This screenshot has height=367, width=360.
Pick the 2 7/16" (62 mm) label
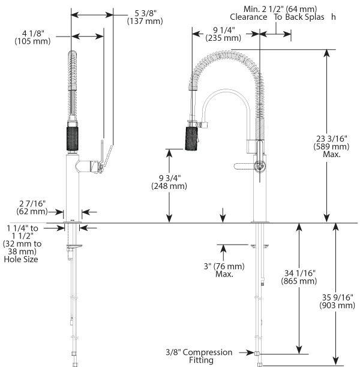[x=32, y=207]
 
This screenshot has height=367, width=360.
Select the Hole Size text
[x=21, y=260]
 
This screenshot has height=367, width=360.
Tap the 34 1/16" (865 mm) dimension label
[x=316, y=276]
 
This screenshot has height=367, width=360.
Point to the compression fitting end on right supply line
[x=258, y=354]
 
